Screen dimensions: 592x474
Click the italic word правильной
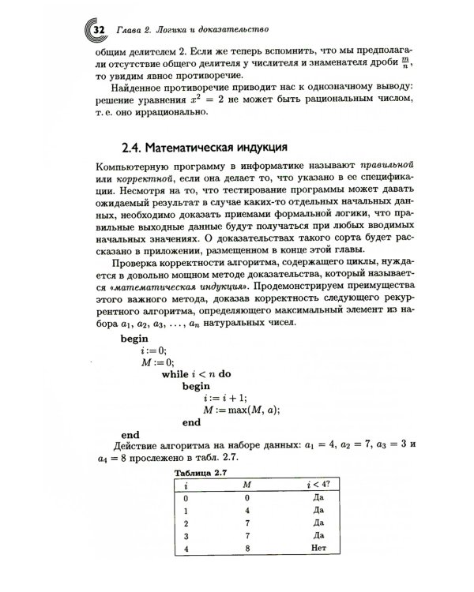pyautogui.click(x=383, y=168)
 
